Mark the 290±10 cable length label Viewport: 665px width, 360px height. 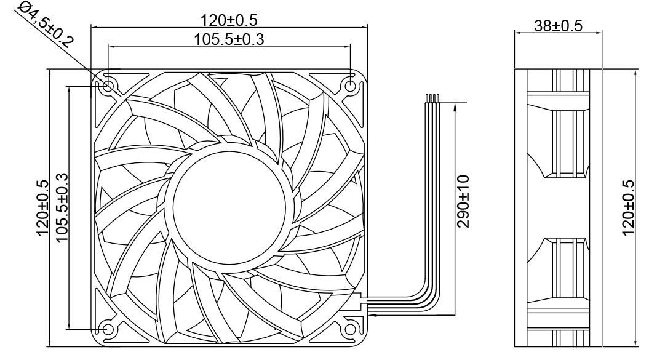coord(463,201)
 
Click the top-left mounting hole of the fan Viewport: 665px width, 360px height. coord(108,86)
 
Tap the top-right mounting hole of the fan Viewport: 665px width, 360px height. coord(350,86)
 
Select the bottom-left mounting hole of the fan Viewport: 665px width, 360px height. coord(108,329)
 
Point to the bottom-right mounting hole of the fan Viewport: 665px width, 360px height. coord(350,329)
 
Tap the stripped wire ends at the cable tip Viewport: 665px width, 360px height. coord(431,98)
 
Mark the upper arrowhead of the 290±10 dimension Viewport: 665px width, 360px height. coord(455,107)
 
